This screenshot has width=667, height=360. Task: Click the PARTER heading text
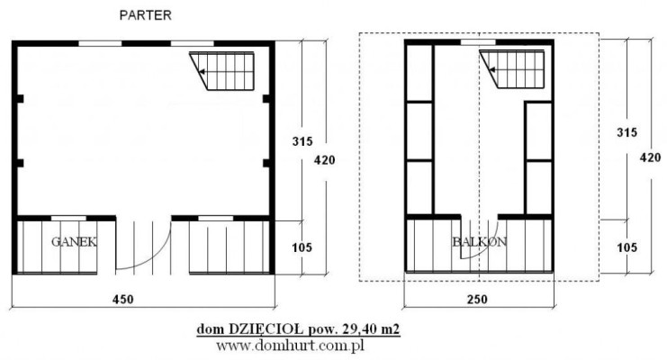[146, 15]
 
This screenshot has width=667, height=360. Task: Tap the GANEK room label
[74, 242]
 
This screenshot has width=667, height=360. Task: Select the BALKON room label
[480, 242]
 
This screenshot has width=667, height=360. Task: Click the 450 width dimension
[123, 299]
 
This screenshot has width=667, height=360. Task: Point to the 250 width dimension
[477, 299]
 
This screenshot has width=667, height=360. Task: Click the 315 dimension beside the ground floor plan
[302, 141]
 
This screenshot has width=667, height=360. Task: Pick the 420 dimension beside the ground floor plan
[325, 160]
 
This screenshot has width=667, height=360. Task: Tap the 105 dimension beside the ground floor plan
[302, 247]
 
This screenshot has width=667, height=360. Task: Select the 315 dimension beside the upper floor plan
[627, 132]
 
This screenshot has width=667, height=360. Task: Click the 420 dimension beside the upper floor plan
[651, 157]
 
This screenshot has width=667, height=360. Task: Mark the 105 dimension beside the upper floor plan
[627, 247]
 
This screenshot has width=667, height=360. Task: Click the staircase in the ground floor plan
[221, 70]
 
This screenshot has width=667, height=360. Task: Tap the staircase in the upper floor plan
[512, 69]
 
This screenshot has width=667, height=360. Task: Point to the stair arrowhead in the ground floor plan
[202, 72]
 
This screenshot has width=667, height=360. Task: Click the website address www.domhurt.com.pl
[290, 346]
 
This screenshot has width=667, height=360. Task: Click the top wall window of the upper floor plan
[479, 41]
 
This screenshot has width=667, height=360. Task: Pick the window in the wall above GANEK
[68, 219]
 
